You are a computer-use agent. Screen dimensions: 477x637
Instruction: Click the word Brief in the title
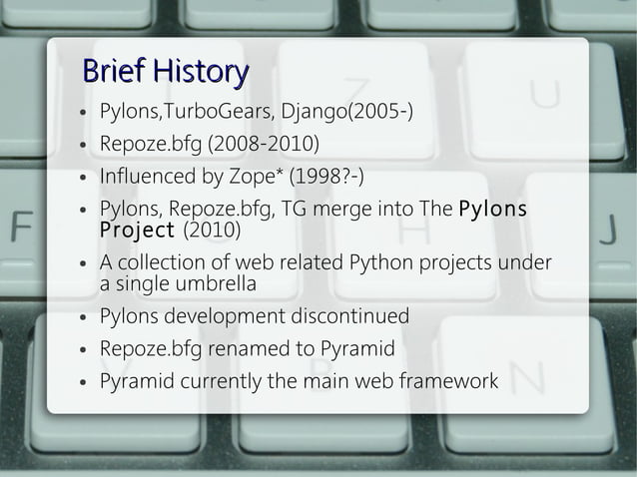point(112,72)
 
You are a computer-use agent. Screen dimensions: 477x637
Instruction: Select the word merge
point(345,211)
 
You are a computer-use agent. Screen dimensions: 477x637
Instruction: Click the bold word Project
point(136,231)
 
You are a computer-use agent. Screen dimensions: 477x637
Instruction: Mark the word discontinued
point(349,316)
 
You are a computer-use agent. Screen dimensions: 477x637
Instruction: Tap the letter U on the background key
point(545,97)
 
